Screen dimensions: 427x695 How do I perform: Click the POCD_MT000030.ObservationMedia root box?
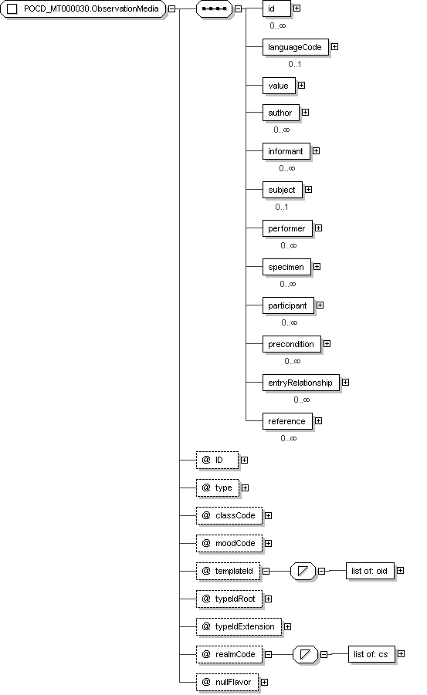click(83, 8)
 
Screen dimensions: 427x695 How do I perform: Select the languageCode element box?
click(295, 47)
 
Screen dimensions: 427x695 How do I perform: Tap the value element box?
click(279, 86)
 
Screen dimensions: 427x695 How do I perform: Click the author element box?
click(280, 113)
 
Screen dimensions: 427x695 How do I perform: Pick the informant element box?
click(286, 152)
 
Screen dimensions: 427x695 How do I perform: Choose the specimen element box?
click(286, 267)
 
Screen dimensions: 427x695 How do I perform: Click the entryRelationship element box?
click(300, 383)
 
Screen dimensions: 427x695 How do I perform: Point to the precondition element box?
click(291, 344)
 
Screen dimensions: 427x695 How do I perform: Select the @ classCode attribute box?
click(229, 516)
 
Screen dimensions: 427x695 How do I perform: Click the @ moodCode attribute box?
click(229, 544)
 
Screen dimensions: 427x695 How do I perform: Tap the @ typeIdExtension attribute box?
click(239, 627)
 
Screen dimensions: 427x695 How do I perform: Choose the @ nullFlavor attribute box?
click(227, 683)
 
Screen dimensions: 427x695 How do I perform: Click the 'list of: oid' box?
click(370, 572)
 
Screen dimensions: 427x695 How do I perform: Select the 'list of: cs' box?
click(371, 654)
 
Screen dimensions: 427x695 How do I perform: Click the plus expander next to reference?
click(318, 421)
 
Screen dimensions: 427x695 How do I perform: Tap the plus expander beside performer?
click(318, 228)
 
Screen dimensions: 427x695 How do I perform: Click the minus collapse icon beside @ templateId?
click(266, 572)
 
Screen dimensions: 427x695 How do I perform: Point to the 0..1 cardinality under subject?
click(281, 207)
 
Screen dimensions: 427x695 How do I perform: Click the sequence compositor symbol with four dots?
click(215, 8)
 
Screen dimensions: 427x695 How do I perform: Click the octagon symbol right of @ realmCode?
click(305, 654)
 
